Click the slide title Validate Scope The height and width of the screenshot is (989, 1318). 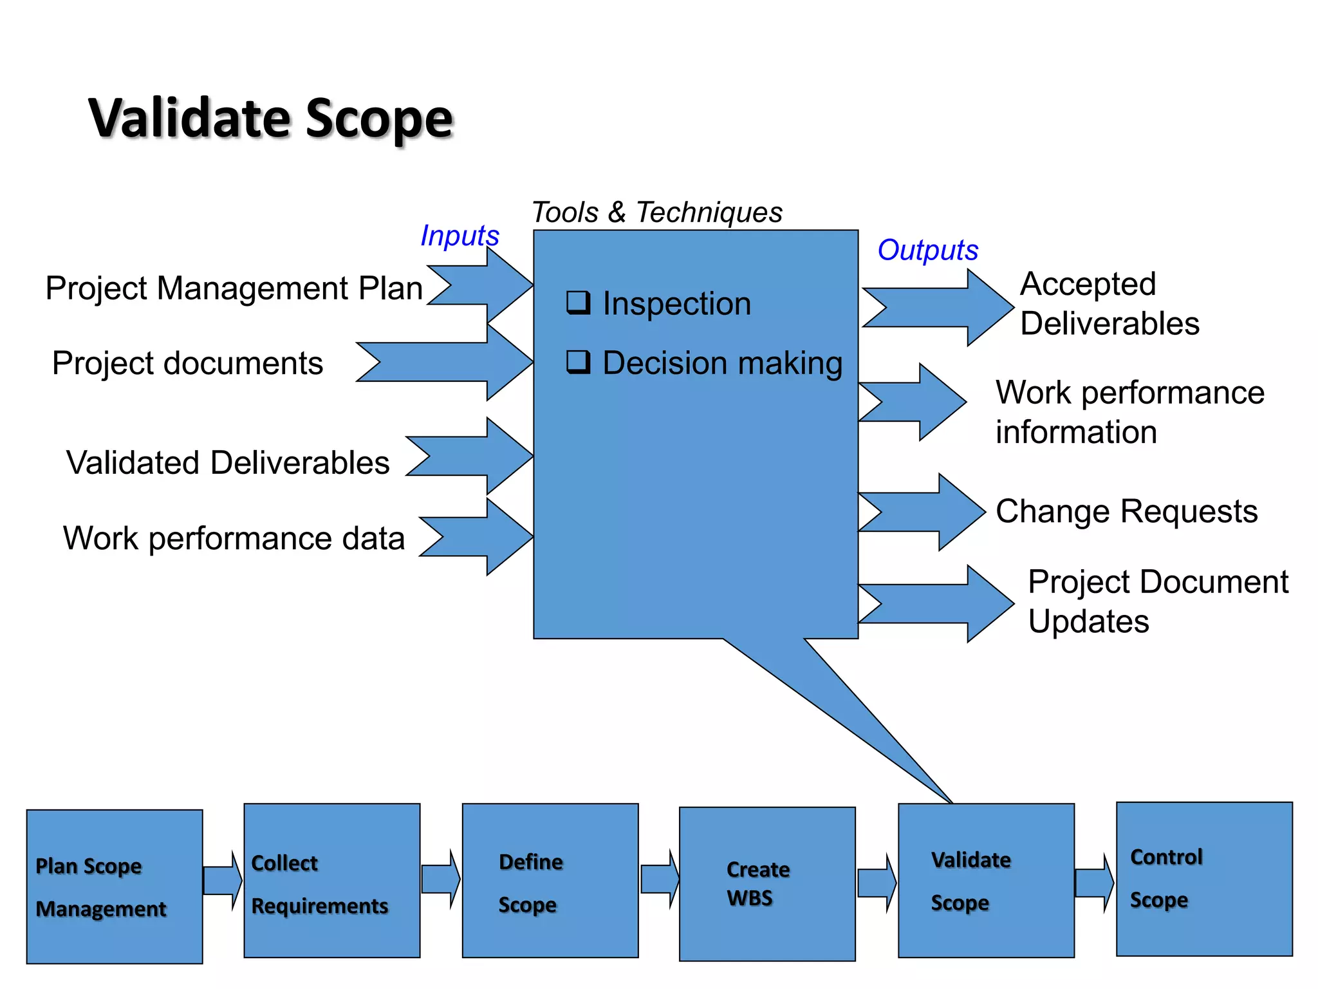tap(270, 119)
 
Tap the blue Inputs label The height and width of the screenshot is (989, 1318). tap(459, 236)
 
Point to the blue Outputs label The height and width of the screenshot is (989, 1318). tap(927, 250)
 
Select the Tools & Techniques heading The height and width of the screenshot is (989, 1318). tap(656, 212)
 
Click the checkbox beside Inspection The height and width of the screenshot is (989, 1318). tap(578, 302)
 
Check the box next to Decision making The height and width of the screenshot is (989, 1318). tap(578, 362)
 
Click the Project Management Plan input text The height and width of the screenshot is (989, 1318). tap(234, 288)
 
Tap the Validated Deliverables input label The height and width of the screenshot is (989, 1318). tap(228, 463)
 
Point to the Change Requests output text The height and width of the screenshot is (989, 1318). tap(1126, 512)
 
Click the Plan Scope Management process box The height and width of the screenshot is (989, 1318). tap(115, 887)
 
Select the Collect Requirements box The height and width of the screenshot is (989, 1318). tap(332, 881)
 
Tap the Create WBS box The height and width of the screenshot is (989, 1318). tap(767, 884)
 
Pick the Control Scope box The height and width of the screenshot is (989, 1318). tap(1204, 879)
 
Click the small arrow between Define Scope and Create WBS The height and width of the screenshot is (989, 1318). tap(660, 879)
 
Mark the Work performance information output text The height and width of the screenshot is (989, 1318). tap(1129, 412)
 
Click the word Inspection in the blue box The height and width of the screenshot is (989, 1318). tap(676, 304)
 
